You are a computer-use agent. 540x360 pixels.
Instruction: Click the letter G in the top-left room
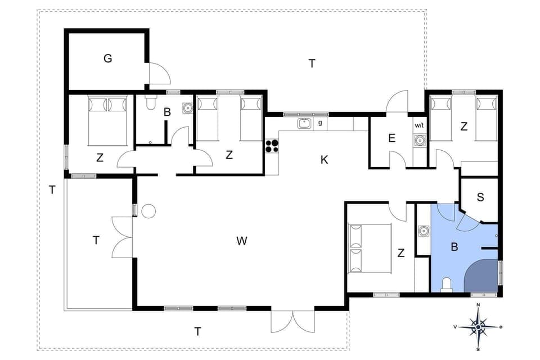tap(107, 58)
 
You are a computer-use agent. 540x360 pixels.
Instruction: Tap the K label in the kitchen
tap(324, 160)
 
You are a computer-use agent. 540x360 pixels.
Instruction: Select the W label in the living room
tap(242, 241)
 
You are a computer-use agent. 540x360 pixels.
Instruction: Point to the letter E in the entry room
tap(391, 138)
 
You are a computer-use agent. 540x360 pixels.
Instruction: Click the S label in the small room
tap(480, 197)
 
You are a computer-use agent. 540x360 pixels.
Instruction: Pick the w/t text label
tap(420, 125)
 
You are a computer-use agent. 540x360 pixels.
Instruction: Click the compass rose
tap(478, 326)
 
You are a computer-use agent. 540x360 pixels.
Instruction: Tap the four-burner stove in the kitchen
tap(272, 146)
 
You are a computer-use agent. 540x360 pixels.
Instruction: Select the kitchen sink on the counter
tap(305, 123)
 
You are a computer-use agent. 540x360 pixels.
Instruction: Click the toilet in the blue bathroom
tap(447, 284)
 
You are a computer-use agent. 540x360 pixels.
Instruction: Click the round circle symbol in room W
tap(148, 211)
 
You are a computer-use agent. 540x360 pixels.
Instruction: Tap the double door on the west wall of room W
tap(122, 237)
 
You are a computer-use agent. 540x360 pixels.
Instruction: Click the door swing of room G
tap(158, 73)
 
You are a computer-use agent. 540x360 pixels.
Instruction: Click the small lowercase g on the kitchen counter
tap(320, 123)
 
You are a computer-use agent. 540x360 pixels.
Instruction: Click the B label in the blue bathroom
tap(454, 246)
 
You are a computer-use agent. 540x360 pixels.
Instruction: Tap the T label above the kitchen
tap(312, 64)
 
